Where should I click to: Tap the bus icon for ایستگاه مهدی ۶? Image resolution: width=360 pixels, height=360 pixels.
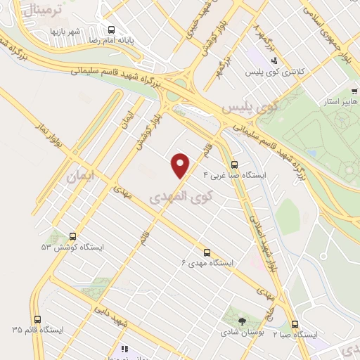coord(207,251)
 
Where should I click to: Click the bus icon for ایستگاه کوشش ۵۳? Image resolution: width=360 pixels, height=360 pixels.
coord(72,237)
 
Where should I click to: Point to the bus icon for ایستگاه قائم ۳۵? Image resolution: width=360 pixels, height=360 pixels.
coord(38,318)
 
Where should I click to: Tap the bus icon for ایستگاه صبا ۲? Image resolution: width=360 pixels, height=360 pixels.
coord(294,324)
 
